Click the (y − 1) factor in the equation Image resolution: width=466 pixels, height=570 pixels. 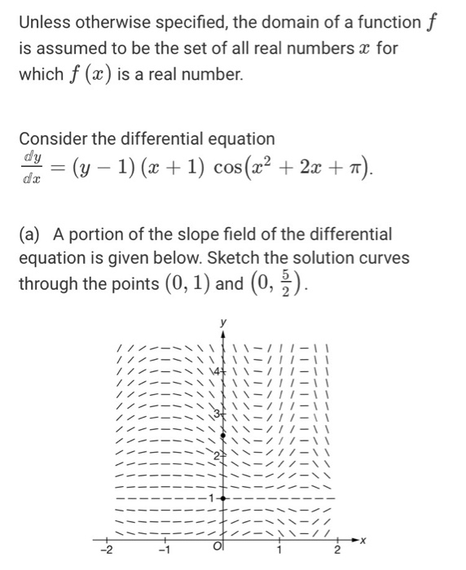97,170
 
